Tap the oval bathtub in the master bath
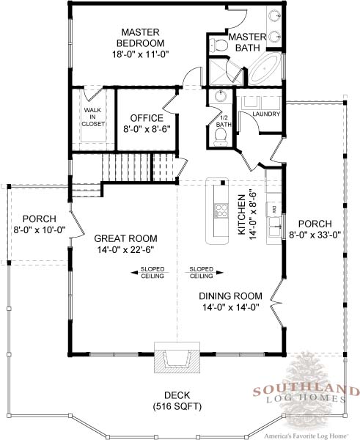pyautogui.click(x=265, y=68)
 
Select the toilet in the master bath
pyautogui.click(x=218, y=45)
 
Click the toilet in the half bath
pyautogui.click(x=221, y=138)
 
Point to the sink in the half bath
pyautogui.click(x=221, y=96)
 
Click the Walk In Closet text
pyautogui.click(x=93, y=117)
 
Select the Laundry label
pyautogui.click(x=266, y=114)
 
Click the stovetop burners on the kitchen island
pyautogui.click(x=221, y=211)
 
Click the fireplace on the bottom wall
pyautogui.click(x=177, y=357)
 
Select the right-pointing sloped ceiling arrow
pyautogui.click(x=204, y=273)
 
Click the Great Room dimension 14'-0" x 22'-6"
pyautogui.click(x=125, y=249)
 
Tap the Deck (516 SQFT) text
pyautogui.click(x=177, y=400)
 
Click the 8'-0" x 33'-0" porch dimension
pyautogui.click(x=315, y=235)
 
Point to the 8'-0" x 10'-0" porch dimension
pyautogui.click(x=40, y=230)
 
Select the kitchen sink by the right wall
pyautogui.click(x=273, y=227)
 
